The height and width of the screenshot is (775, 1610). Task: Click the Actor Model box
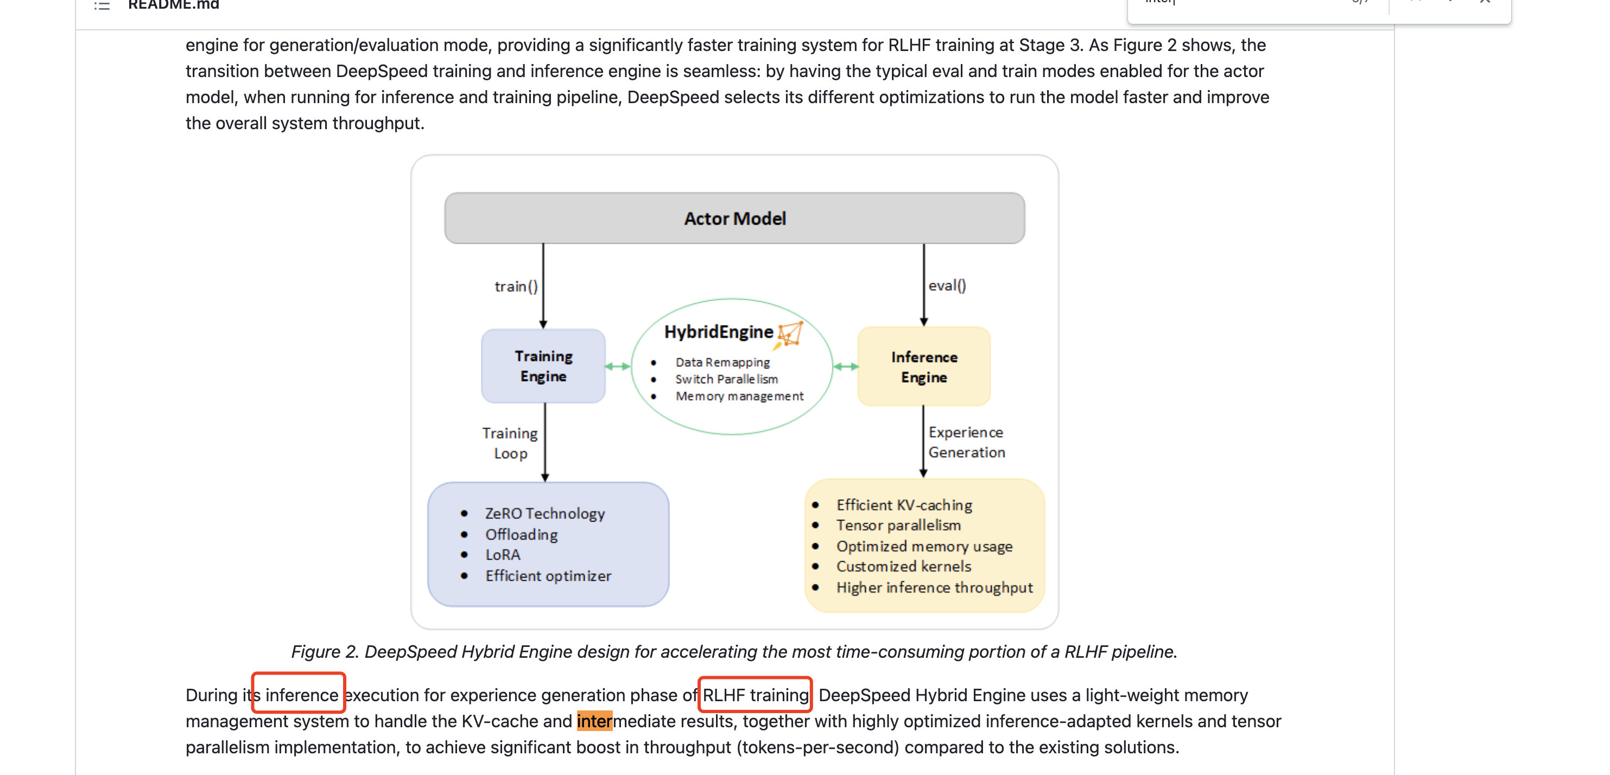click(734, 218)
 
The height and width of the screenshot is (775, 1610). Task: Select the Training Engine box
click(543, 366)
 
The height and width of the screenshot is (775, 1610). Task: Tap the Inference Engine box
click(924, 367)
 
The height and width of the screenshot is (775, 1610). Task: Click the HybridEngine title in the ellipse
click(718, 332)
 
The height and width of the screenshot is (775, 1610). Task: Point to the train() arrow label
click(516, 286)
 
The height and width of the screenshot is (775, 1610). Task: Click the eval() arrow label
click(947, 285)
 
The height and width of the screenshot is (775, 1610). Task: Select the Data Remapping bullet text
click(722, 363)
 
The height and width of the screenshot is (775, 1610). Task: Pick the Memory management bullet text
click(739, 396)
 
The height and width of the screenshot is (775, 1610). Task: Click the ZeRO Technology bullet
click(544, 514)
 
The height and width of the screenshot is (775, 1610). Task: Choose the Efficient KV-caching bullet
click(904, 505)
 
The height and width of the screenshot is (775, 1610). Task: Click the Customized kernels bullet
click(903, 566)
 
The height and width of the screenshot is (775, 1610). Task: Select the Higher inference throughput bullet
click(934, 588)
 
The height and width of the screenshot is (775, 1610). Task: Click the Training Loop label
click(510, 443)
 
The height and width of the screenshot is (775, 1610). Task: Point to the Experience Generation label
click(966, 442)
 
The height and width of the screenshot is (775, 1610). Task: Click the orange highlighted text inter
click(594, 721)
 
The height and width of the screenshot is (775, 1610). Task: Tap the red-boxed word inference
click(301, 695)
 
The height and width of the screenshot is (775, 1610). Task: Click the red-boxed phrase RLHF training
click(755, 695)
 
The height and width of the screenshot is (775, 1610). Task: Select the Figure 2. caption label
click(325, 652)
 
